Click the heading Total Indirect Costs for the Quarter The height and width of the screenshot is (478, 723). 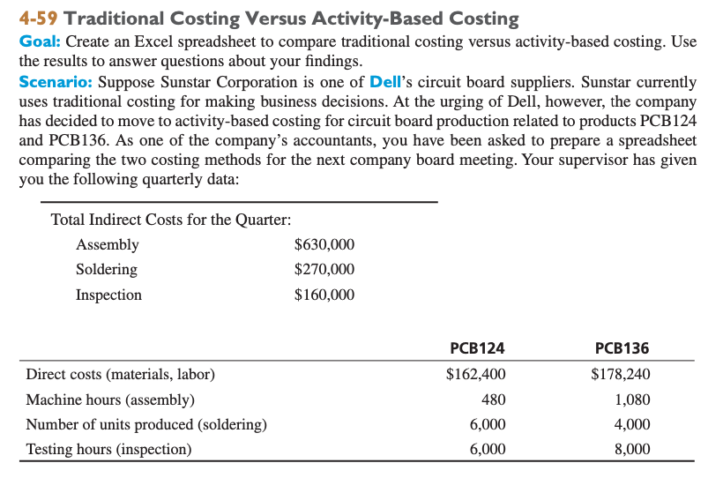171,220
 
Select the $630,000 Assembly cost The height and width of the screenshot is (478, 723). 324,245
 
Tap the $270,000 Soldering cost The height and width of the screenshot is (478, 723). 324,270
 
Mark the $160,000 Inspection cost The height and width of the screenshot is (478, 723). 324,295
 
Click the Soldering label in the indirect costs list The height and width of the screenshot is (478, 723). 107,270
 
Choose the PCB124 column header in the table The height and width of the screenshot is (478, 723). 477,347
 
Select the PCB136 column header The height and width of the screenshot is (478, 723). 622,347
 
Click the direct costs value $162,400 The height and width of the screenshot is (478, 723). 476,374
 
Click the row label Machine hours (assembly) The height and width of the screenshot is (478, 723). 110,400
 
